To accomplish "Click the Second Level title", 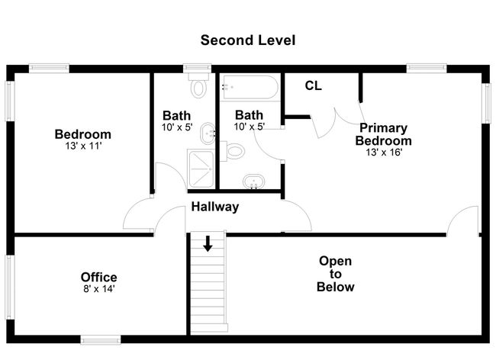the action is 248,40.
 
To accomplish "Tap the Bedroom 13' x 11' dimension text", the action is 83,146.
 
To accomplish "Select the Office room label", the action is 98,277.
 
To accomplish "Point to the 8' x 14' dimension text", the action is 98,288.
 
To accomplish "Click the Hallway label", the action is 214,207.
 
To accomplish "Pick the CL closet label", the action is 313,85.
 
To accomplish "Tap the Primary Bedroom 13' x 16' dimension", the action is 384,153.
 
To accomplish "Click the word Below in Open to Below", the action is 335,287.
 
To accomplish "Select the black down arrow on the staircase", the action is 208,243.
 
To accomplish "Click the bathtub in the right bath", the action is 250,87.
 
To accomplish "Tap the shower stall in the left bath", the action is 201,169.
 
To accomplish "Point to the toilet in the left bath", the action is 198,85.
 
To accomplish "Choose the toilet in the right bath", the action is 233,151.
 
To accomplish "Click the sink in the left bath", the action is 208,133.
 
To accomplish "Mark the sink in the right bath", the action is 253,182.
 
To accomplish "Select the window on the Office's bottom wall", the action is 101,340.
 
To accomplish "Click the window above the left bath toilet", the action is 197,68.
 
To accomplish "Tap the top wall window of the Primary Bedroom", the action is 427,68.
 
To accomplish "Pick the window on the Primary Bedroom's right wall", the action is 485,103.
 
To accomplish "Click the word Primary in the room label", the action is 383,128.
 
